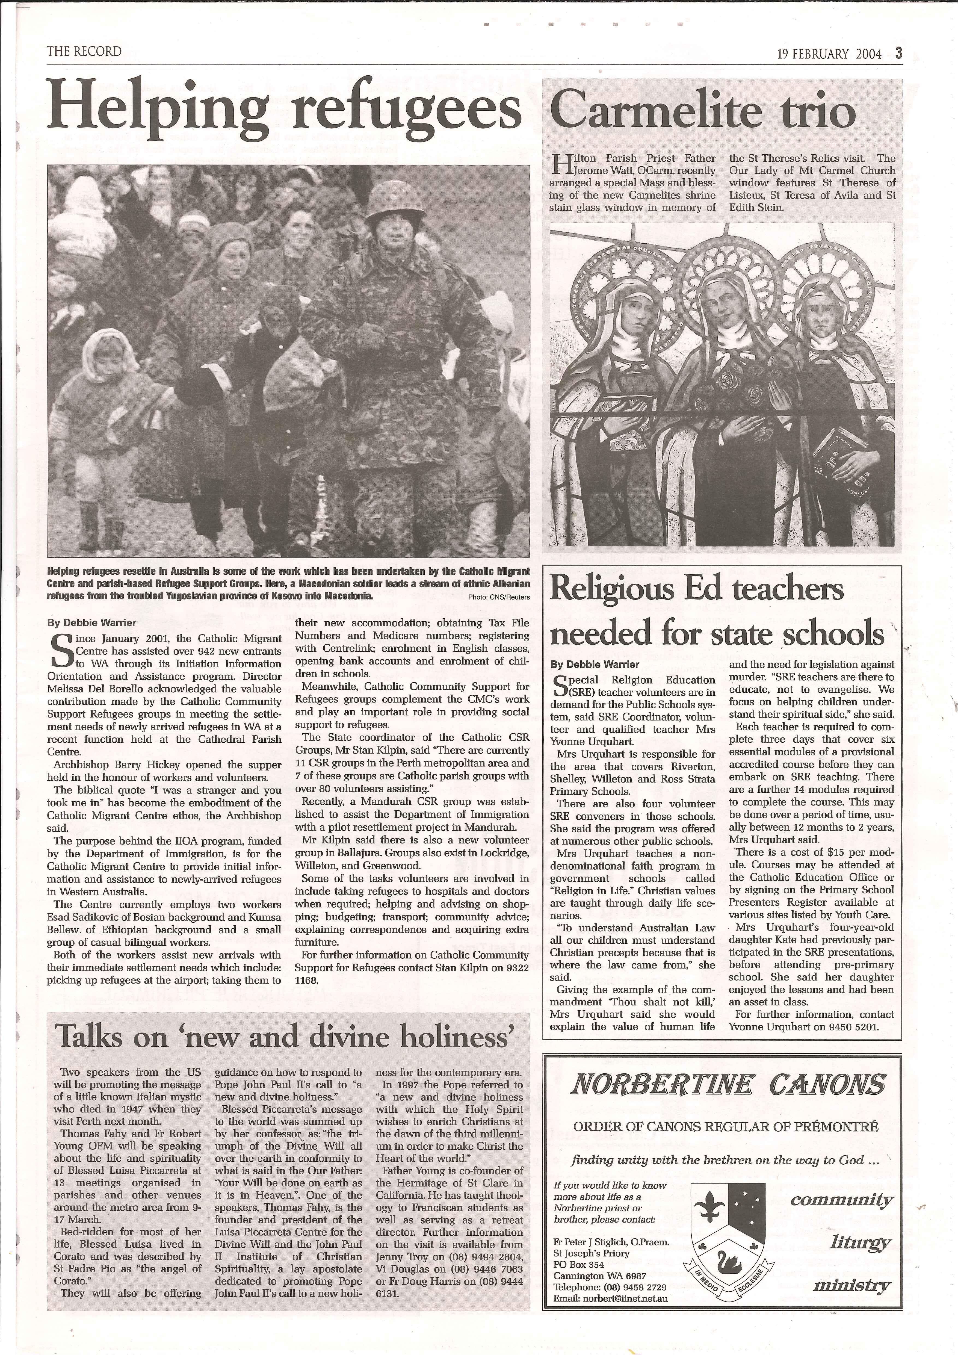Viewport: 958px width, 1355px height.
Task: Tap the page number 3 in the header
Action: [898, 54]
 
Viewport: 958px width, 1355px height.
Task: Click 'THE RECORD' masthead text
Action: [84, 51]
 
